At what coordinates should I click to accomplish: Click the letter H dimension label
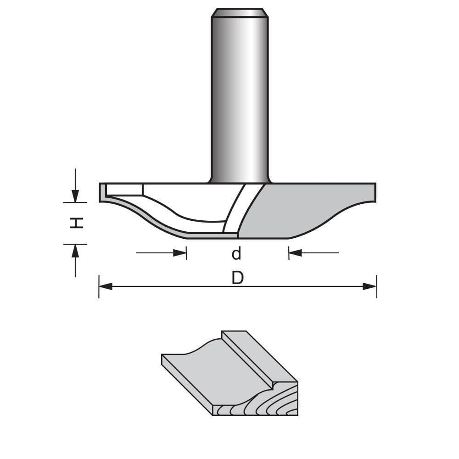[76, 223]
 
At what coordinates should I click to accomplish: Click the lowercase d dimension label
[237, 253]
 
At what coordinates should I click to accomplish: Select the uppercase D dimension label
[237, 278]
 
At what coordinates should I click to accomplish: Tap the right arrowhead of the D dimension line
[369, 286]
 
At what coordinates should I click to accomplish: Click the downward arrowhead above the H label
[75, 196]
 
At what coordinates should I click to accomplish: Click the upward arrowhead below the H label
[75, 250]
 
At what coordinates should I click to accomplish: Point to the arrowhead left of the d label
[180, 253]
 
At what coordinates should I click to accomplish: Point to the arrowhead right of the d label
[295, 253]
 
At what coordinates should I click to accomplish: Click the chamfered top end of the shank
[239, 12]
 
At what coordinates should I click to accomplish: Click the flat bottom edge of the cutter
[239, 238]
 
